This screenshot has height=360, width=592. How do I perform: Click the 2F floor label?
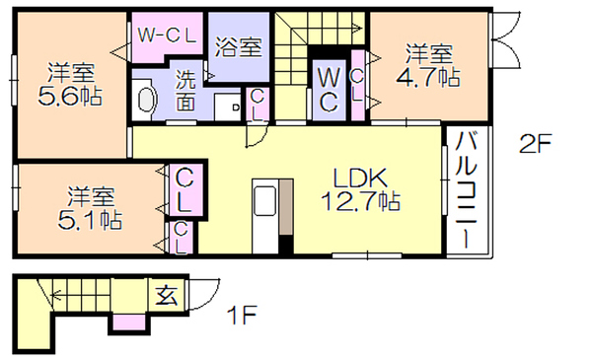tap(536, 143)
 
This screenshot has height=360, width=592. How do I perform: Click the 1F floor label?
tap(242, 315)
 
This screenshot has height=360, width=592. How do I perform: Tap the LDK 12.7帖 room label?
tap(360, 189)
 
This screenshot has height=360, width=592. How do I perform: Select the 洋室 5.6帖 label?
tap(71, 84)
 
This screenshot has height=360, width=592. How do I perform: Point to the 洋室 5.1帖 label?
tap(90, 208)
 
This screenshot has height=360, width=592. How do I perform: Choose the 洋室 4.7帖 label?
tap(428, 66)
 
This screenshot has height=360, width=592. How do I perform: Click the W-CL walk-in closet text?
tap(167, 36)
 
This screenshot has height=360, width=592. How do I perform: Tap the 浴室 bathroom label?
tap(238, 46)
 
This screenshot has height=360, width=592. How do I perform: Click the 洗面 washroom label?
tap(185, 91)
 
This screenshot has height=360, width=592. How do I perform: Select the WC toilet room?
tap(329, 90)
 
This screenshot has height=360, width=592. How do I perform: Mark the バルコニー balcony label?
tap(467, 189)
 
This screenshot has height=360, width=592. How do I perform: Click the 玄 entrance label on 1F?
tap(167, 295)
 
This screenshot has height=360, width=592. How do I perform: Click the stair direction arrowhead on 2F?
tap(357, 28)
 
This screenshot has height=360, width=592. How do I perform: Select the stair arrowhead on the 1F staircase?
tap(56, 294)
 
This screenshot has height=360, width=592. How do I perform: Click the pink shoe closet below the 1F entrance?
tap(129, 322)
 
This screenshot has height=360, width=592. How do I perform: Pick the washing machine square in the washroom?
tap(227, 108)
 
